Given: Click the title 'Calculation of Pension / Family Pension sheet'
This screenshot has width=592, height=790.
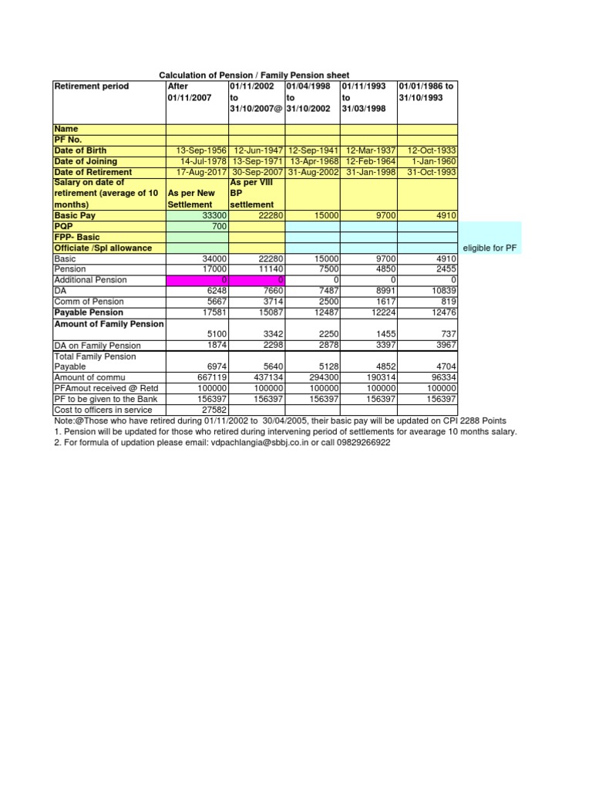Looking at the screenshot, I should (254, 75).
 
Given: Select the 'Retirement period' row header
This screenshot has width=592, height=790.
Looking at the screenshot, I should (91, 86).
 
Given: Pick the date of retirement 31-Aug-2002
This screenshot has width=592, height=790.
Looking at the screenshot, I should (313, 172).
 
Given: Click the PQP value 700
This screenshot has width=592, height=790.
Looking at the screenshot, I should (218, 226).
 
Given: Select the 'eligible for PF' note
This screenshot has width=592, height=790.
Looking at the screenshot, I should (493, 248).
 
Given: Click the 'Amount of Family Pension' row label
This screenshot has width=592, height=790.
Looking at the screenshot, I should (107, 323).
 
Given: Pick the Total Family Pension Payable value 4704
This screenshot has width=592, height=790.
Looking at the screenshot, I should (446, 366).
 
